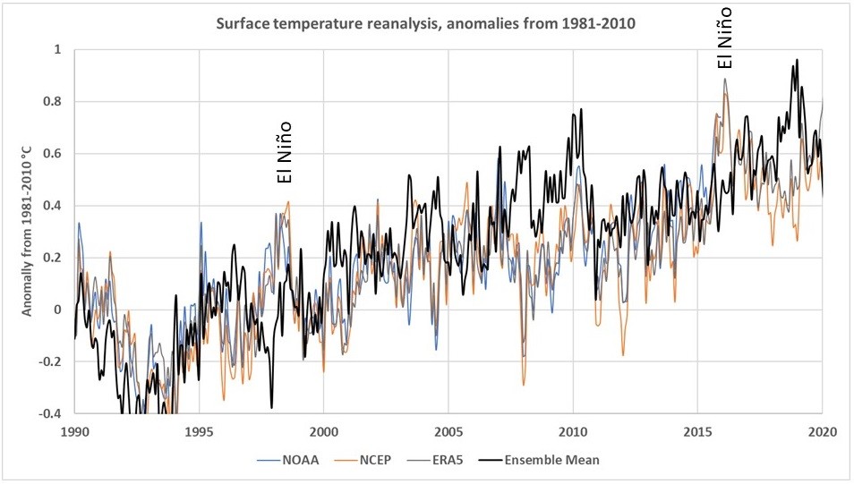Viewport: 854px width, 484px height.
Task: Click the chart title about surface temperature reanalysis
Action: click(x=425, y=23)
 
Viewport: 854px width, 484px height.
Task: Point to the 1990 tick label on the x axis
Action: click(x=74, y=430)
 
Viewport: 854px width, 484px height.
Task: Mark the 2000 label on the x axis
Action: click(x=323, y=430)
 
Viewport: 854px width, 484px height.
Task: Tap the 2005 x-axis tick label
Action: click(x=448, y=430)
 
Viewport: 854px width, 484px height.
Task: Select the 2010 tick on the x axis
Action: click(x=573, y=430)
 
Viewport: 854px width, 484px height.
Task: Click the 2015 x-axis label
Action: click(x=697, y=430)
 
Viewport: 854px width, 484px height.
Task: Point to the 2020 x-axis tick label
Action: click(x=822, y=430)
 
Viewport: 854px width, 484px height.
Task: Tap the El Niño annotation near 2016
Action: click(x=726, y=37)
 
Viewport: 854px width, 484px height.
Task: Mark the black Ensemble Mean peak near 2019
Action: click(x=797, y=60)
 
